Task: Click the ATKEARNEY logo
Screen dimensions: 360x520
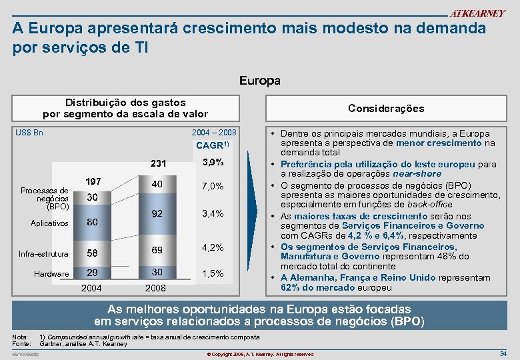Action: coord(478,13)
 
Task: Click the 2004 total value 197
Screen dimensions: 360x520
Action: coord(93,182)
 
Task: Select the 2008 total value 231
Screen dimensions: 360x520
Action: coord(158,164)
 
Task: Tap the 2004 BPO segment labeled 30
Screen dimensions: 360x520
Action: coord(93,197)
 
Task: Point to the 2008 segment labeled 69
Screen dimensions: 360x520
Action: coord(158,249)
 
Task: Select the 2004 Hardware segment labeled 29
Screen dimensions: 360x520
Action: coord(93,273)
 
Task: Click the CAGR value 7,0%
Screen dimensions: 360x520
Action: coord(211,186)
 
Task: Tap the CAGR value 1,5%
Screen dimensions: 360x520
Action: coord(211,273)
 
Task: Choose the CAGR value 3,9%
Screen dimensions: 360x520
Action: coord(211,163)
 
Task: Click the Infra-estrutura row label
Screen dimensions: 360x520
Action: coord(43,254)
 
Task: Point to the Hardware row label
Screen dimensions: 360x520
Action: coord(51,274)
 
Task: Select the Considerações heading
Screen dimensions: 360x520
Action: coord(386,108)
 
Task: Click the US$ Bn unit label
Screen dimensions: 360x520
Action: coord(29,133)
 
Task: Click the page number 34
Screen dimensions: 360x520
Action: coord(503,353)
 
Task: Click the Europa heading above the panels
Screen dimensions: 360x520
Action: coord(260,81)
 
